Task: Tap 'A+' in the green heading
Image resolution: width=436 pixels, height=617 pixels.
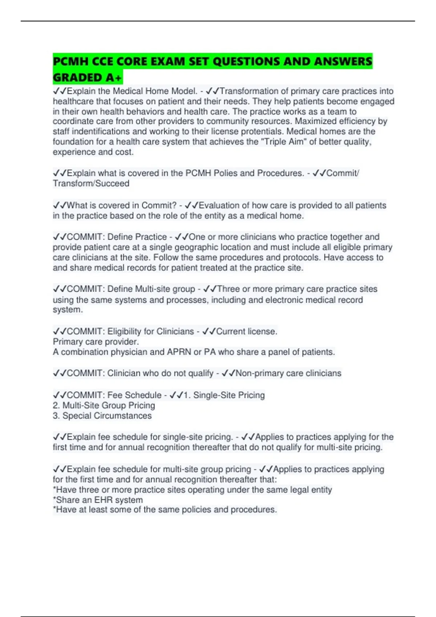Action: tap(114, 78)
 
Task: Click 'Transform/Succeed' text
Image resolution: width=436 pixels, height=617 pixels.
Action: tap(91, 183)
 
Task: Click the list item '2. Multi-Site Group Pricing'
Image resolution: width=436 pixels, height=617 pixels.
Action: tap(104, 405)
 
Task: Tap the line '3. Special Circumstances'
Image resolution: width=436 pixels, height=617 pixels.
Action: tap(102, 416)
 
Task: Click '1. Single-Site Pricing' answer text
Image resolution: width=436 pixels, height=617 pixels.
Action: tap(224, 395)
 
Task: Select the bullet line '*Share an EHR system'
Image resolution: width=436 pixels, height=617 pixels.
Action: tap(98, 500)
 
